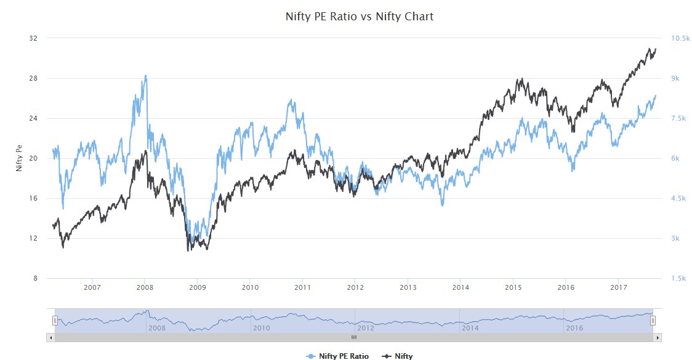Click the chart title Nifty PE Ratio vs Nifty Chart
pos(360,17)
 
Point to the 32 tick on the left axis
pos(33,38)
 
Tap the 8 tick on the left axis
pos(35,279)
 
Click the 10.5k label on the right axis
pos(680,38)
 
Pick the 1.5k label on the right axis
pos(678,279)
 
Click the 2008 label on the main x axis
pos(145,287)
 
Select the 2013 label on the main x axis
pos(408,287)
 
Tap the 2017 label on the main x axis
pos(619,287)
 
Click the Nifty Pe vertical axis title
pos(19,158)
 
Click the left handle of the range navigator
pos(55,320)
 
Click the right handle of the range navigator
pos(653,320)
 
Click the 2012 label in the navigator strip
pos(366,328)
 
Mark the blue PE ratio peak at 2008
pos(145,76)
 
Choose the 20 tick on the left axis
pos(33,158)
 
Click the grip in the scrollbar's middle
pos(354,338)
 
